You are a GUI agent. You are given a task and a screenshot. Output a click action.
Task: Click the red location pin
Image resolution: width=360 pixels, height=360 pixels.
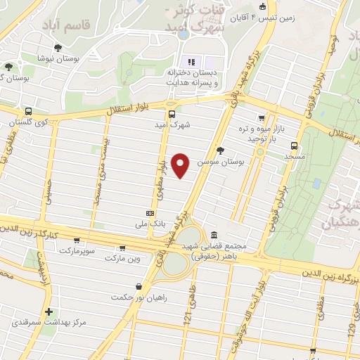181,165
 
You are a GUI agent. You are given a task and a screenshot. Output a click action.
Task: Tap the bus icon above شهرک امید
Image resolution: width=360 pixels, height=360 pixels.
172,113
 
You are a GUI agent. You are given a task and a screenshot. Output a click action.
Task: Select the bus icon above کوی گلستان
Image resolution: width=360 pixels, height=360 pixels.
28,111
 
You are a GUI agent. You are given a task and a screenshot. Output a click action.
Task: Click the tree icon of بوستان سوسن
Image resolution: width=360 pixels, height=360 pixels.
220,150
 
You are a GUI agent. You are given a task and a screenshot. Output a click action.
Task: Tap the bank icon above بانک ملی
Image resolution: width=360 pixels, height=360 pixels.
150,212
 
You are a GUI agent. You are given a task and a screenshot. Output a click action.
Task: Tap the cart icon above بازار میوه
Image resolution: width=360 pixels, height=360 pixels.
261,118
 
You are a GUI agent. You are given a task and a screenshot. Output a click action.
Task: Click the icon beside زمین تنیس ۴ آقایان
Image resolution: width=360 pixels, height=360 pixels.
262,8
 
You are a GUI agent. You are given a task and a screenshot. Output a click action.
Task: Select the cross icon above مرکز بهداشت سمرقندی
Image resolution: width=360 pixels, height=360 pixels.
49,311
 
